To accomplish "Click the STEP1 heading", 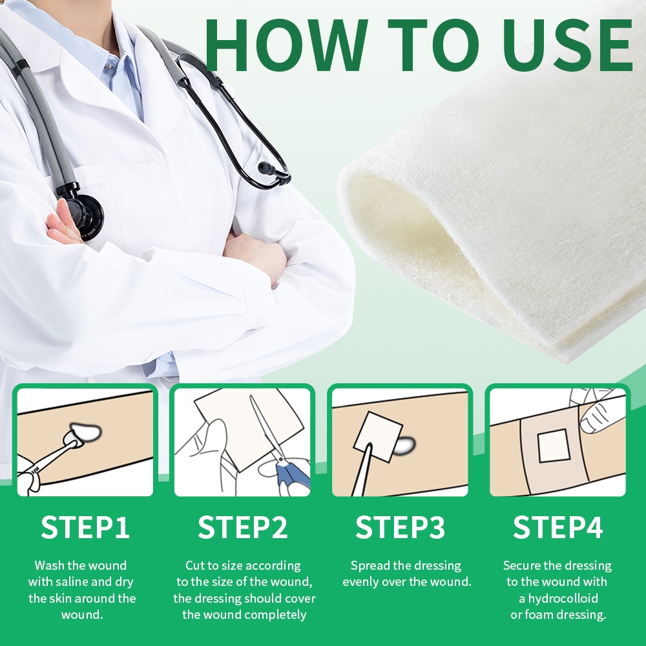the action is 85,527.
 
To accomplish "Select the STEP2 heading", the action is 243,527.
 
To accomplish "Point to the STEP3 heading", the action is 400,527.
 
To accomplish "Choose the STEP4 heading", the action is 558,527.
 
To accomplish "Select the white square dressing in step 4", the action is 554,446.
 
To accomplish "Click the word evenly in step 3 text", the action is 360,582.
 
